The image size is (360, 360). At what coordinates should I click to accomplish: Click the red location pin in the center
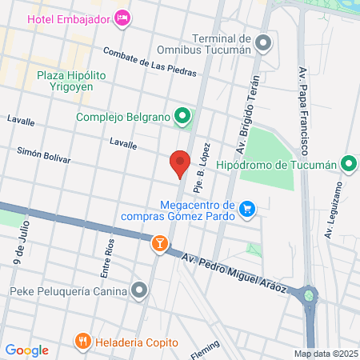181,162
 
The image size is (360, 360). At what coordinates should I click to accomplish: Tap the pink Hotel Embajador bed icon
122,17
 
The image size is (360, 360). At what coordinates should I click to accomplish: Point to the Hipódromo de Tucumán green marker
348,165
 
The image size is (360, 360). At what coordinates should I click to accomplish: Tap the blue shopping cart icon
248,210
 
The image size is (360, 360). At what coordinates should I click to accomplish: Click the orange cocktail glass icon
160,243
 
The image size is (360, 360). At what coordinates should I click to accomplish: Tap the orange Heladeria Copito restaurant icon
82,342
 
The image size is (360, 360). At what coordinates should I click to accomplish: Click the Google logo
26,350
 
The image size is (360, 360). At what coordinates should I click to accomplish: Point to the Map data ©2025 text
326,354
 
